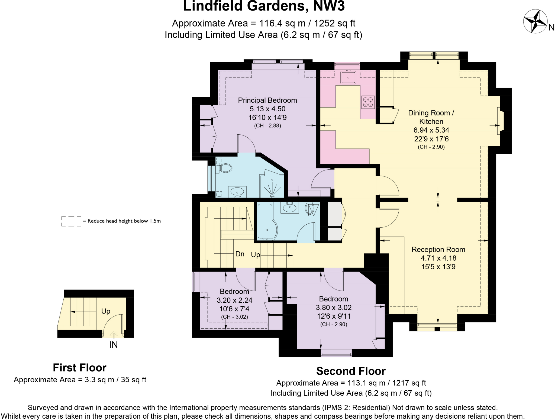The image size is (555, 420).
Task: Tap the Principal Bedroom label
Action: [x=267, y=100]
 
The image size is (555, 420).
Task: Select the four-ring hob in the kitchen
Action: [x=368, y=102]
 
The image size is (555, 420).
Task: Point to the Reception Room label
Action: [x=438, y=250]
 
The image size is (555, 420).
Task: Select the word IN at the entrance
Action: [x=113, y=345]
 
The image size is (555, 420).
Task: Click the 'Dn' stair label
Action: [x=240, y=254]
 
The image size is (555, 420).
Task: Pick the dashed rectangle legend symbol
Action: [x=71, y=221]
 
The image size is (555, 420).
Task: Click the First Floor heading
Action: [x=79, y=368]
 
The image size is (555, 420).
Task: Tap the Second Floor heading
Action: [x=351, y=371]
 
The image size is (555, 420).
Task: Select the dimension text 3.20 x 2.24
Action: [x=234, y=300]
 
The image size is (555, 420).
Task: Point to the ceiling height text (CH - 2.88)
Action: [x=267, y=126]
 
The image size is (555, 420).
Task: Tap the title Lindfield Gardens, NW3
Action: [x=264, y=7]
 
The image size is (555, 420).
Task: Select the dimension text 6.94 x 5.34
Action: [x=431, y=130]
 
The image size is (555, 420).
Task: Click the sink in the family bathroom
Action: [x=289, y=208]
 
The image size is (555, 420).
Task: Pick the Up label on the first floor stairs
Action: [x=106, y=311]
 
